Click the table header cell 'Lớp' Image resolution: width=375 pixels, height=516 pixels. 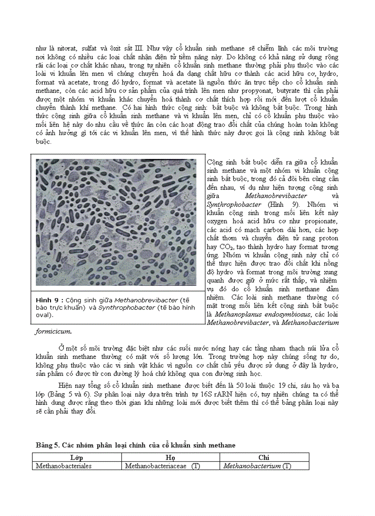(x=77, y=458)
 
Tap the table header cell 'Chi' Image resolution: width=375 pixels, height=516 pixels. (x=264, y=458)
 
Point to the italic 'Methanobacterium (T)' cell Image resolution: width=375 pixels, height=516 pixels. (x=257, y=466)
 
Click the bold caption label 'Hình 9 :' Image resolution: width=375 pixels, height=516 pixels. (x=50, y=300)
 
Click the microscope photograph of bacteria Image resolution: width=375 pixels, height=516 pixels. (x=116, y=222)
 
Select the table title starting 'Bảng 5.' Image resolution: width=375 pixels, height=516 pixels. (x=136, y=445)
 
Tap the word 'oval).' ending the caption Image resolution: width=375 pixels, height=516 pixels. (x=45, y=315)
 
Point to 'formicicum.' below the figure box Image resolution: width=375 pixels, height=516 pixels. (x=53, y=331)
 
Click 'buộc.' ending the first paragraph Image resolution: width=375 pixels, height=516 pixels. (x=44, y=142)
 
